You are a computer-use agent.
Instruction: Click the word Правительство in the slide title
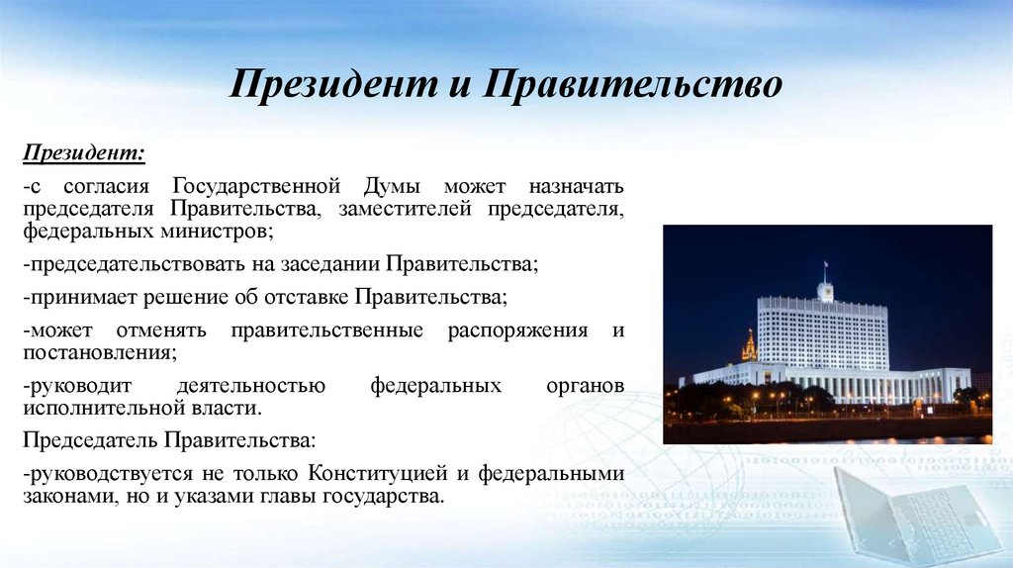point(632,85)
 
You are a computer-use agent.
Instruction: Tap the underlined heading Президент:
point(84,155)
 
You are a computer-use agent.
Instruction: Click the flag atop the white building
point(825,266)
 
